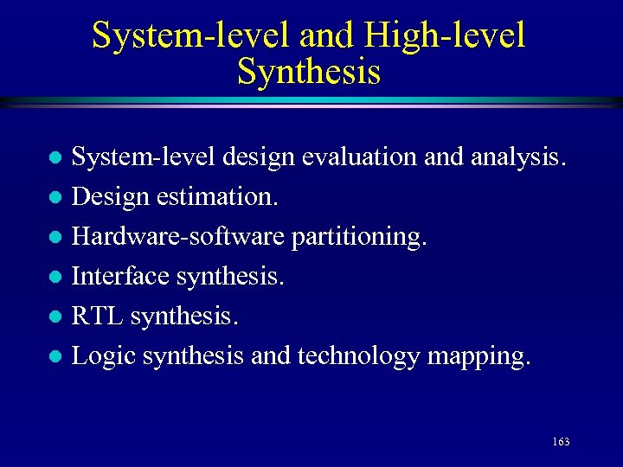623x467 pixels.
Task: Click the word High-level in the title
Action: (x=445, y=35)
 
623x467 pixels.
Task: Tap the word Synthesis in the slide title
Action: (x=309, y=72)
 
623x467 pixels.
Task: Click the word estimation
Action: (x=219, y=197)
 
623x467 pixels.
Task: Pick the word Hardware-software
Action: (x=178, y=236)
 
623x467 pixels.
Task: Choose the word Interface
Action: (x=119, y=276)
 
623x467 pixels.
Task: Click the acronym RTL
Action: (x=97, y=316)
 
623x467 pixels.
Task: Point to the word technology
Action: (x=358, y=355)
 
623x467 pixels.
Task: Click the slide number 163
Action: (x=560, y=442)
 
